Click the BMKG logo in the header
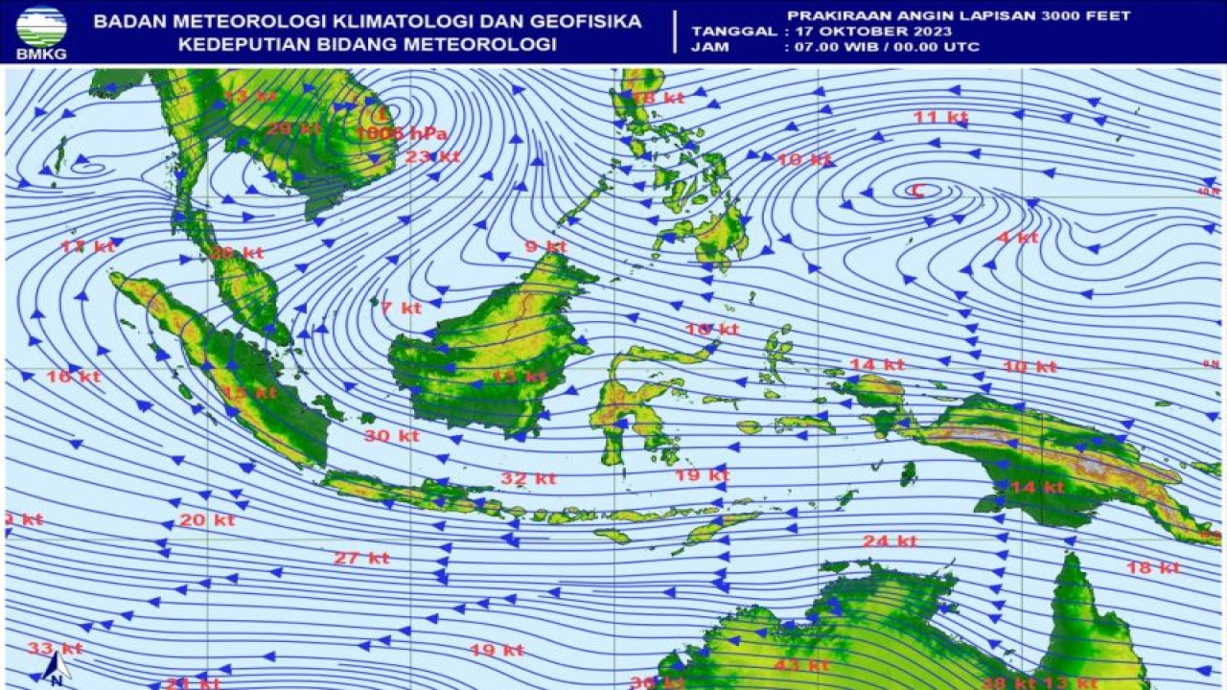click(x=40, y=31)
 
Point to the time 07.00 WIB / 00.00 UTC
click(x=881, y=46)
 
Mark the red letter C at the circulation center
click(x=916, y=191)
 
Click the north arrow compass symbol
click(x=57, y=668)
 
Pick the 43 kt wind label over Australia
click(x=802, y=665)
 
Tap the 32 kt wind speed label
click(x=528, y=478)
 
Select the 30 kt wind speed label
click(x=391, y=435)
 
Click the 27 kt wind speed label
click(x=361, y=558)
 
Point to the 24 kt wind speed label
click(x=889, y=540)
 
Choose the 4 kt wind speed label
click(x=1017, y=237)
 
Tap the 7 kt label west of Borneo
click(x=401, y=308)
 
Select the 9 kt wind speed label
click(x=545, y=246)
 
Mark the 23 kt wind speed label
click(x=432, y=156)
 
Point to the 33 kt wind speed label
click(x=55, y=649)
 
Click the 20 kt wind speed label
click(x=207, y=520)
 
